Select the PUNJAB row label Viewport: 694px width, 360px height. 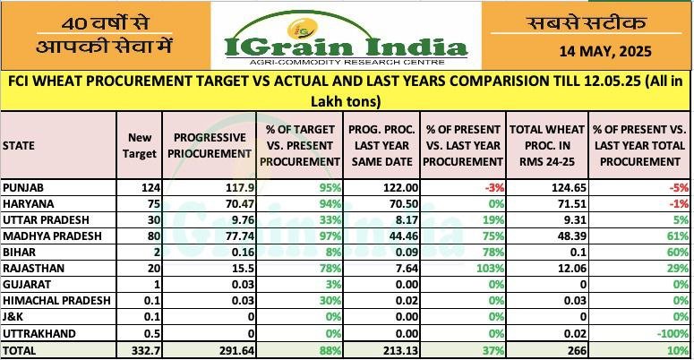coord(25,187)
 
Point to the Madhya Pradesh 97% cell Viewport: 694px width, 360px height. coord(328,236)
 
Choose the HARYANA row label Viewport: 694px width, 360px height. coord(27,203)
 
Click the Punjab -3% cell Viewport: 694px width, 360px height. coord(492,187)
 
